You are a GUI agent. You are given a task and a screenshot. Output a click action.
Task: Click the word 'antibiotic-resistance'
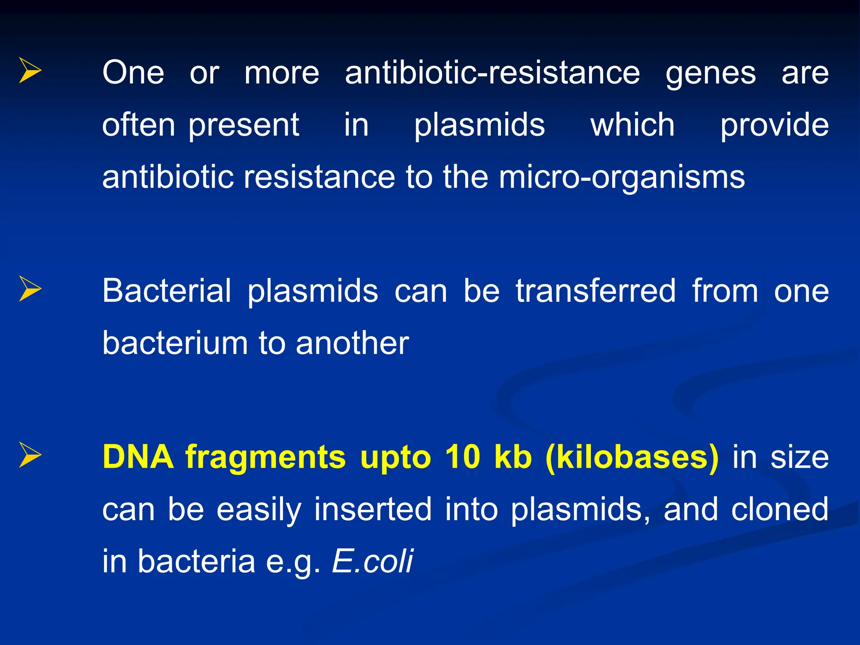[492, 73]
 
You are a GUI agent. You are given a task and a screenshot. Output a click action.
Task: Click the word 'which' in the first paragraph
[632, 125]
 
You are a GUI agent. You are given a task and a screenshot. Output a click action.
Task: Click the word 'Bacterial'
[167, 291]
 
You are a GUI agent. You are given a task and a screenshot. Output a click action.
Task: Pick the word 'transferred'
[595, 291]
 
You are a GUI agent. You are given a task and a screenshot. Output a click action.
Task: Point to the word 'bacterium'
[175, 343]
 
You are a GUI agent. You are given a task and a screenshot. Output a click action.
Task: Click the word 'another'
[352, 343]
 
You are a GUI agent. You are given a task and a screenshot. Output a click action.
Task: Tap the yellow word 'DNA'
[138, 457]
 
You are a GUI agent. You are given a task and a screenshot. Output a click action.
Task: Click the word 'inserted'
[373, 509]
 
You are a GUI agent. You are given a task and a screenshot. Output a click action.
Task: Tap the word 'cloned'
[779, 509]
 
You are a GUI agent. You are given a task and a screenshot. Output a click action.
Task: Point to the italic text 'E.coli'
[372, 561]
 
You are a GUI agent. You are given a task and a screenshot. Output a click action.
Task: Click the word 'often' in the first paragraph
[139, 125]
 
